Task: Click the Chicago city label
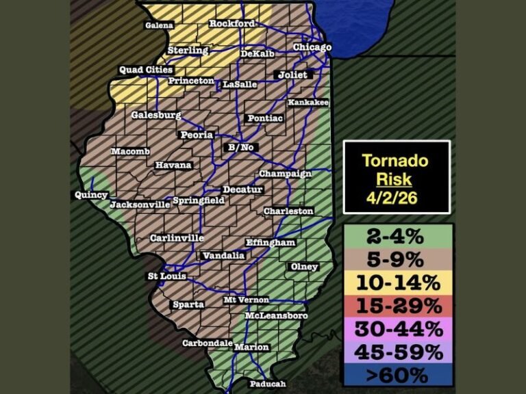[312, 47]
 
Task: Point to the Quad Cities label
[146, 69]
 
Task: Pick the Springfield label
[199, 200]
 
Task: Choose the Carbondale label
[204, 343]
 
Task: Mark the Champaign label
[285, 174]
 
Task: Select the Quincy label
[91, 195]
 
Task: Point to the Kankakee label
[308, 103]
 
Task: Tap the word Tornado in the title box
[396, 161]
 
